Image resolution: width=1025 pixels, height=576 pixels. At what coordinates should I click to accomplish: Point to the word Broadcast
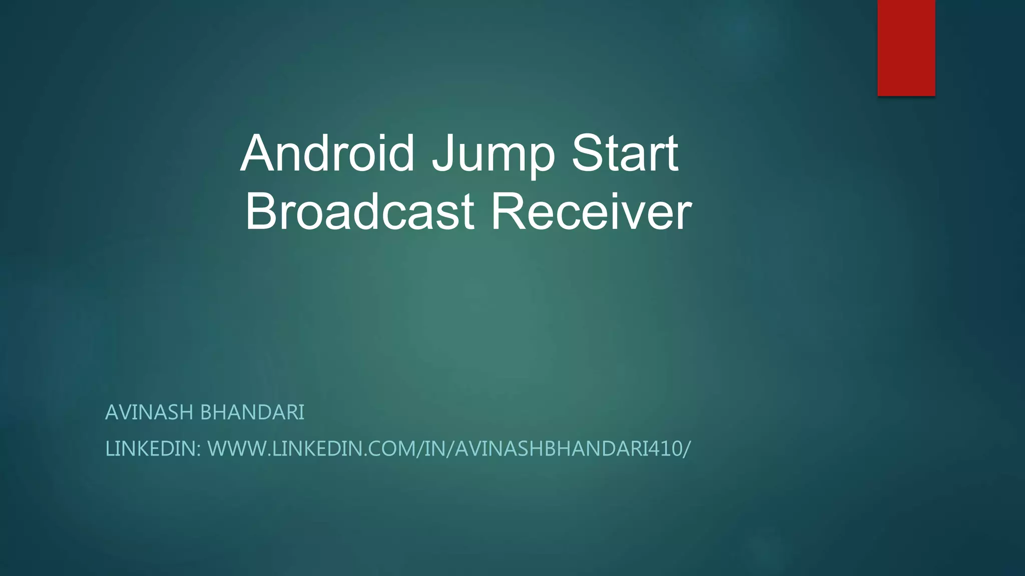359,212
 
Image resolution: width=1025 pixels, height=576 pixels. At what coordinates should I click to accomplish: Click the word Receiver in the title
591,212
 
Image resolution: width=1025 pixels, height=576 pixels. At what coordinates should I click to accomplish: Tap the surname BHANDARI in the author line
252,413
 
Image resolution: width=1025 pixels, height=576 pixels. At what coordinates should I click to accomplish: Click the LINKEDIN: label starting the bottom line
153,449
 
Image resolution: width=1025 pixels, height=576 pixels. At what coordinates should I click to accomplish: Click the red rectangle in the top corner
906,47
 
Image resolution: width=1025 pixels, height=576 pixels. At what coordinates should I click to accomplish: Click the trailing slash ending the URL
687,449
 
